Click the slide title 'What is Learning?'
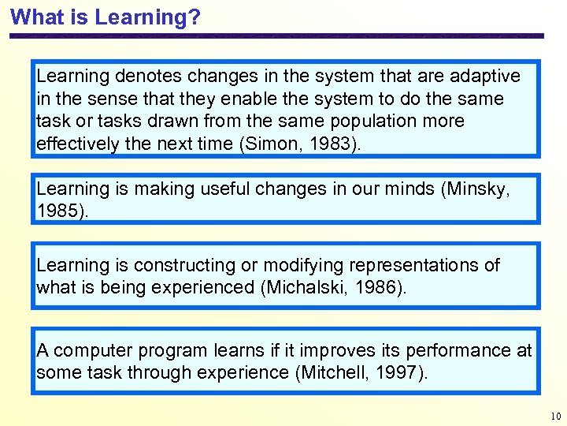(106, 17)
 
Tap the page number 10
(556, 416)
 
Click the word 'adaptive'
(484, 77)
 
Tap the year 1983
(330, 144)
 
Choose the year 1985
(55, 212)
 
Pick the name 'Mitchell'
(334, 373)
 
